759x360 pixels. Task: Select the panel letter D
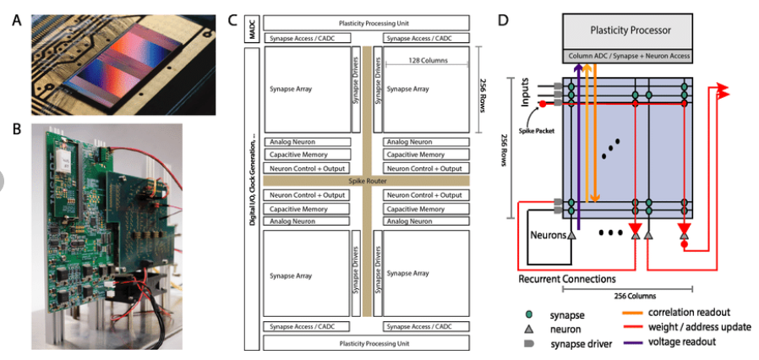[503, 19]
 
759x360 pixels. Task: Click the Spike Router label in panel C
[365, 181]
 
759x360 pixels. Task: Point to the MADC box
[251, 30]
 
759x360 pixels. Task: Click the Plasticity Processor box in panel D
[628, 30]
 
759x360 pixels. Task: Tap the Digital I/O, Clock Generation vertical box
[251, 199]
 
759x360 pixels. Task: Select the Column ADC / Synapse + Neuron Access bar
[628, 56]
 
